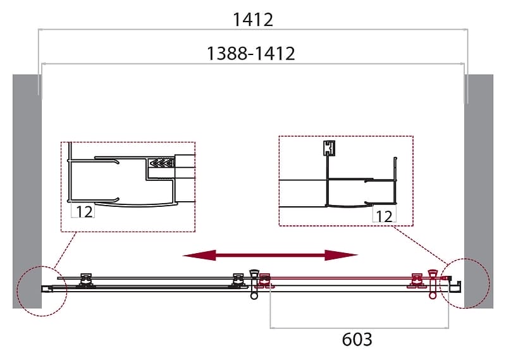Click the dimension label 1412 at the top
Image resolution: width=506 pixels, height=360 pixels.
[x=252, y=20]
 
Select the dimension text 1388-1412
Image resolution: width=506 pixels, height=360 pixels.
[x=250, y=53]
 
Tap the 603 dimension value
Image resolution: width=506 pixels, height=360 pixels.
[x=357, y=339]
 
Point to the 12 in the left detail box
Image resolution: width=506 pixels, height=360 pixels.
[x=84, y=211]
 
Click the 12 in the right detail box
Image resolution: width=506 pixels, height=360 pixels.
[x=384, y=216]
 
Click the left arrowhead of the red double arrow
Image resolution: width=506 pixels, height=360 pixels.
[x=199, y=255]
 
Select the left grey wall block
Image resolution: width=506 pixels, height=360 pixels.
[x=27, y=191]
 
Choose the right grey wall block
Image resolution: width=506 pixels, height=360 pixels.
[x=479, y=191]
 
